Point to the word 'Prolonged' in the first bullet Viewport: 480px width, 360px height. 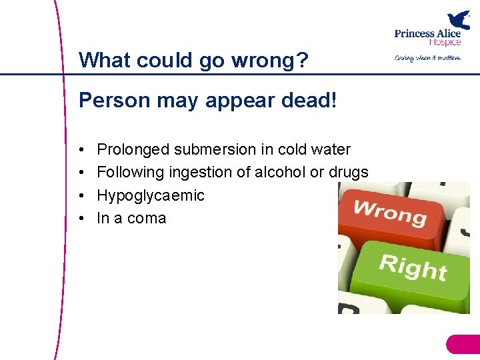point(132,150)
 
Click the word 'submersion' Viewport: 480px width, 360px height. point(212,149)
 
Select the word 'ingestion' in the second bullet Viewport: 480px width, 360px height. point(202,173)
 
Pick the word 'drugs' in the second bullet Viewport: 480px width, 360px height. point(349,172)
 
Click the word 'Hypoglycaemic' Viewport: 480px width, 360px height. point(151,196)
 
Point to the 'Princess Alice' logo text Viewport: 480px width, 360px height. point(427,34)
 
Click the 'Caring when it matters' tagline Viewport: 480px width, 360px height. point(427,58)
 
